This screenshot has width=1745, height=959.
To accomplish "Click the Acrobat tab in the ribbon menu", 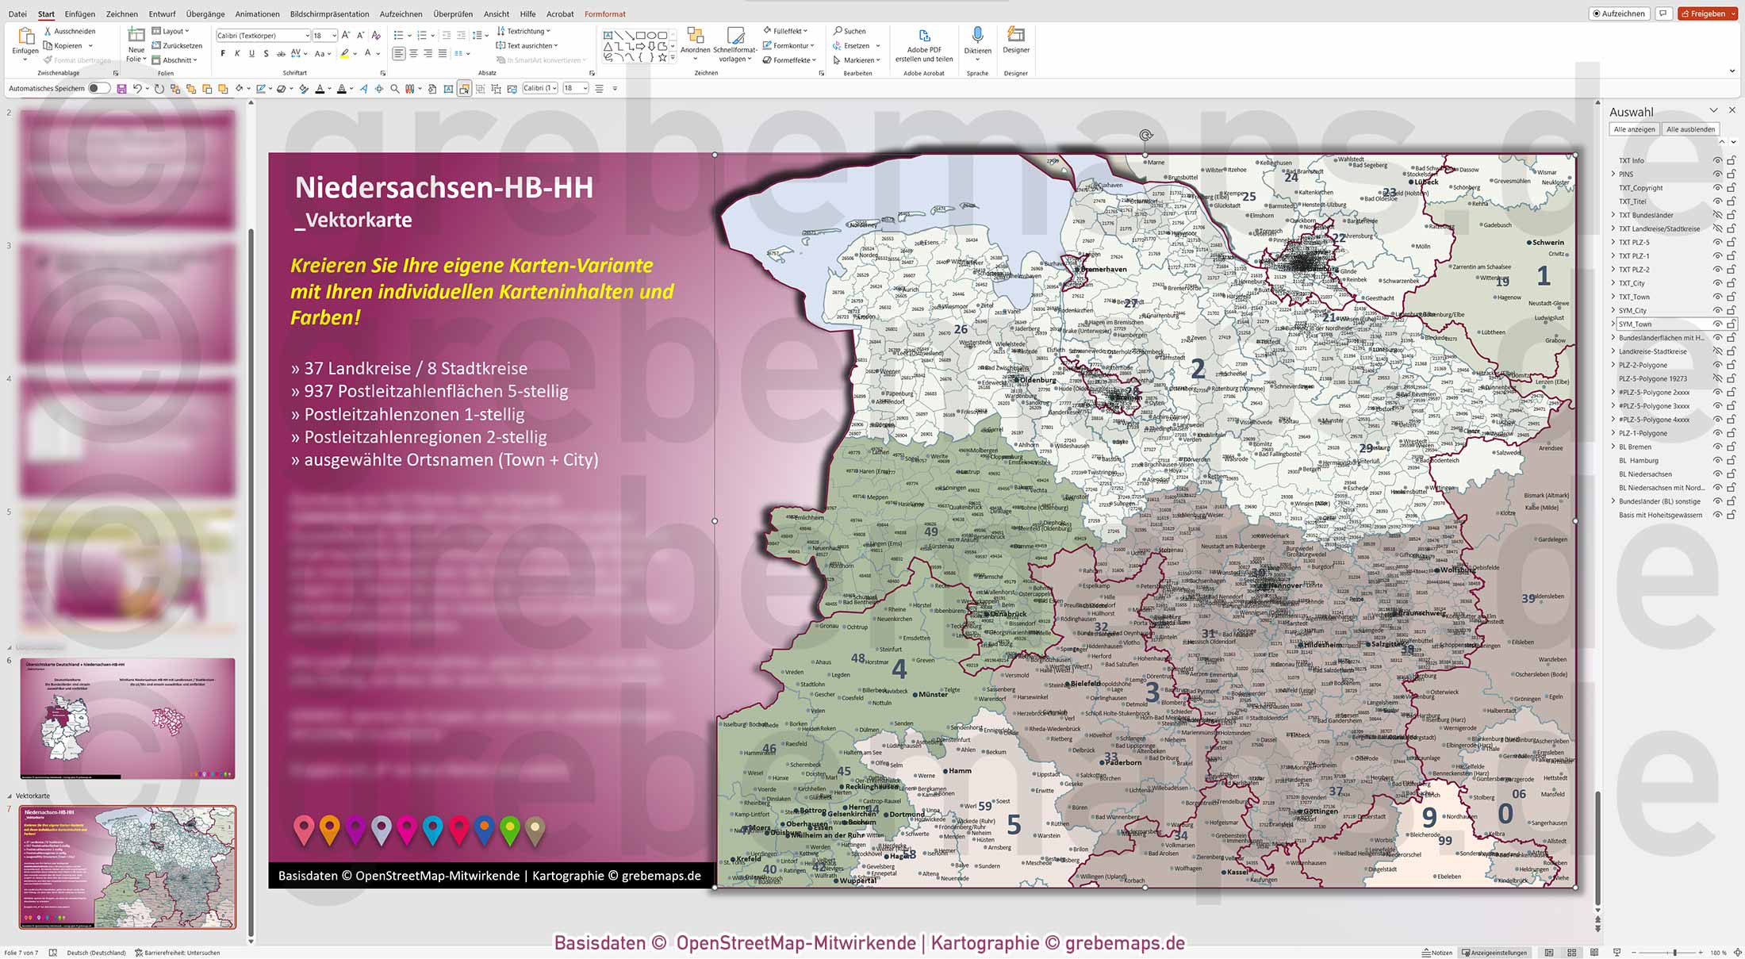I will tap(559, 13).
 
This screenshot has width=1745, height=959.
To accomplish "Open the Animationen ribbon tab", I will tap(257, 13).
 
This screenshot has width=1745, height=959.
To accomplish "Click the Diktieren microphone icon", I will tap(977, 36).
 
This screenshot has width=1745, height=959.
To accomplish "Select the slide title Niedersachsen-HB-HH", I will tap(443, 188).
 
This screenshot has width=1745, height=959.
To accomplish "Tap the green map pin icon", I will tap(510, 830).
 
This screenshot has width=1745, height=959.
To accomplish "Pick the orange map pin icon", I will tap(329, 830).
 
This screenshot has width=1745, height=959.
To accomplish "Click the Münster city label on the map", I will tap(932, 694).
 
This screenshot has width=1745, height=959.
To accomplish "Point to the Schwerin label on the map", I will tap(1547, 243).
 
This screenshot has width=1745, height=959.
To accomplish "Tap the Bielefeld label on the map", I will tap(1085, 683).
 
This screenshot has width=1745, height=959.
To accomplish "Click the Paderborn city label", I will tap(1122, 763).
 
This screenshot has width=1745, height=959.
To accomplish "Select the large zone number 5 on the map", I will tap(1014, 826).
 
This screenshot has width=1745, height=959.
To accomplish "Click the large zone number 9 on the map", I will tap(1429, 817).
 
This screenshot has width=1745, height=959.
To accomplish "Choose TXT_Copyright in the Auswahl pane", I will tap(1640, 188).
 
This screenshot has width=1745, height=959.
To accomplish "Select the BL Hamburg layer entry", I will tap(1638, 461).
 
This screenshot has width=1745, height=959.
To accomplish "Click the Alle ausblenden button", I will tap(1690, 129).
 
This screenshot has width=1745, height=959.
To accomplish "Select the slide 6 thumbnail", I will tap(128, 718).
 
